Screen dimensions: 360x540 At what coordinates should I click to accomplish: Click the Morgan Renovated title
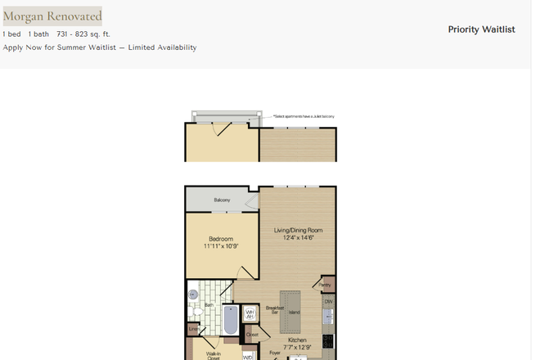click(52, 16)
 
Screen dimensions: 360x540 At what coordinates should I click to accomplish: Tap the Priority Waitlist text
click(481, 29)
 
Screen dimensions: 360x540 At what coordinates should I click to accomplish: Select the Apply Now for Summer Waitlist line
click(100, 47)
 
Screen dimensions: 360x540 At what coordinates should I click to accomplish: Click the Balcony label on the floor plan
click(222, 200)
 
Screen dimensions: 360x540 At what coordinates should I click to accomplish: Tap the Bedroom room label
click(221, 239)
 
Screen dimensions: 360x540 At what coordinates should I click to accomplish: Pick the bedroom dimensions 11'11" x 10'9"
click(221, 246)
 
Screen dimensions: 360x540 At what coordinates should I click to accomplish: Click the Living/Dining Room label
click(299, 231)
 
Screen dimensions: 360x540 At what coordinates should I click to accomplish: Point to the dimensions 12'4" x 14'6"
click(299, 238)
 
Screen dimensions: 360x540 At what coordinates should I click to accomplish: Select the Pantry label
click(326, 285)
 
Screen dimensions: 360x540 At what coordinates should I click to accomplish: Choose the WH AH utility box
click(250, 313)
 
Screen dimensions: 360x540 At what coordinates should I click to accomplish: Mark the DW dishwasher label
click(328, 303)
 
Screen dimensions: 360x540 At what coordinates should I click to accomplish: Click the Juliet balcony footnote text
click(304, 117)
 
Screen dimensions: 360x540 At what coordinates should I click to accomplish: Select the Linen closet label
click(194, 330)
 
